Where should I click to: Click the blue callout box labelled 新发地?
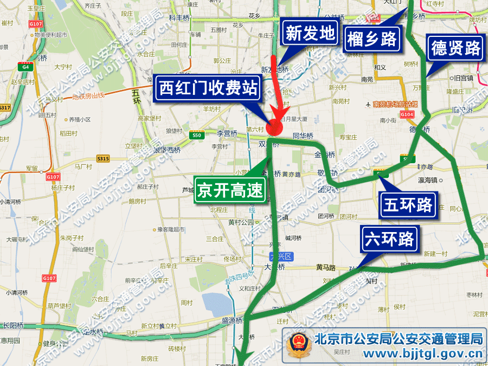pyautogui.click(x=310, y=34)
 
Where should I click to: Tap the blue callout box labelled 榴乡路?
pyautogui.click(x=372, y=39)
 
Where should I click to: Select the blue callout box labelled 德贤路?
pyautogui.click(x=456, y=48)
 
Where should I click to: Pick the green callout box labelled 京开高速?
pyautogui.click(x=230, y=190)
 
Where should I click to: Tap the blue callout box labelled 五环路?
pyautogui.click(x=408, y=204)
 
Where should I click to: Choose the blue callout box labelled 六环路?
pyautogui.click(x=390, y=239)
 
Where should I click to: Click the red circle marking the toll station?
pyautogui.click(x=275, y=125)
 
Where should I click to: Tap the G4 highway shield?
pyautogui.click(x=24, y=67)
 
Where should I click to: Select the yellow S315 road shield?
pyautogui.click(x=103, y=158)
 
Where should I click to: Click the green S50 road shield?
pyautogui.click(x=197, y=135)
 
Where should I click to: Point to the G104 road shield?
pyautogui.click(x=407, y=114)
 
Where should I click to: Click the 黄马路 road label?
pyautogui.click(x=326, y=268)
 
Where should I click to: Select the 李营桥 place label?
pyautogui.click(x=227, y=133)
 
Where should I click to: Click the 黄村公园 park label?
pyautogui.click(x=241, y=222)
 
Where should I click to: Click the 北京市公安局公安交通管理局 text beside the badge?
pyautogui.click(x=399, y=339)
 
